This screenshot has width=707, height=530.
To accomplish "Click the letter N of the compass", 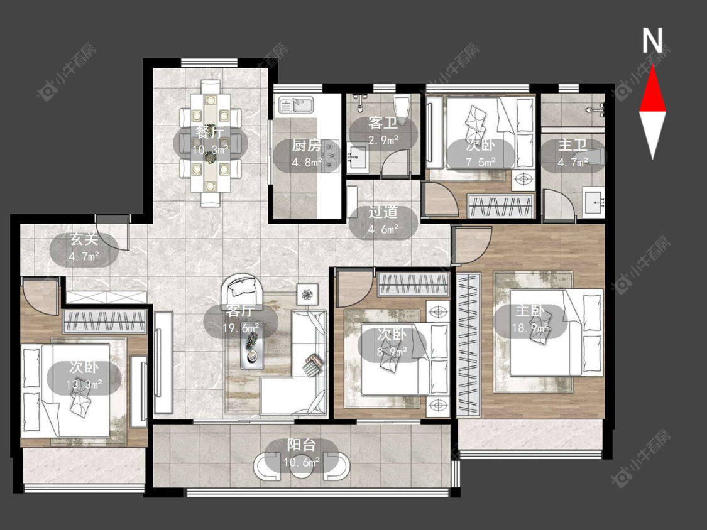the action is tap(652, 41).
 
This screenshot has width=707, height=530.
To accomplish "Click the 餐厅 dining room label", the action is tap(210, 132).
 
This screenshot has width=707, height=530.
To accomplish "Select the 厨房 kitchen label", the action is tap(307, 145).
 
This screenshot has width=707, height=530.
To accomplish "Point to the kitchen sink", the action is tap(296, 105).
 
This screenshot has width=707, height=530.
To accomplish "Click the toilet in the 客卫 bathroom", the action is tap(402, 107).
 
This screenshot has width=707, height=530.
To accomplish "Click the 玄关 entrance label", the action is tap(84, 239).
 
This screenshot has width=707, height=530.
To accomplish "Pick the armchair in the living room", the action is tap(245, 291).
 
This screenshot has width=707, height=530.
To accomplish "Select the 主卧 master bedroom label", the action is tap(530, 310).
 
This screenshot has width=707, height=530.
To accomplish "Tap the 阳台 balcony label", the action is tap(301, 445).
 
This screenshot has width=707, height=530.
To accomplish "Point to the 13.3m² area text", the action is tap(84, 384).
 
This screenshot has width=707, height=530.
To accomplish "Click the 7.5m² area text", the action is tap(481, 161).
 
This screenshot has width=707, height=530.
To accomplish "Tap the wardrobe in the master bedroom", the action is tap(469, 344).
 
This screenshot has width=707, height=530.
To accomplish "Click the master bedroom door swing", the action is tap(471, 246).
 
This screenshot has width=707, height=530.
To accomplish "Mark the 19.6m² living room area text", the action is tap(241, 328).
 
